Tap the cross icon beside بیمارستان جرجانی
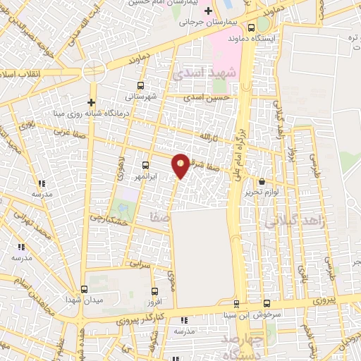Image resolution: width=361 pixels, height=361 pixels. (x=208, y=11)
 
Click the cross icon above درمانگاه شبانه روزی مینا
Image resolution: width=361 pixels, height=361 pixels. (x=91, y=101)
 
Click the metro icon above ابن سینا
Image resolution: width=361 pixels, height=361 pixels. (x=235, y=305)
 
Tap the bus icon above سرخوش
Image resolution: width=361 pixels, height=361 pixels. (x=266, y=303)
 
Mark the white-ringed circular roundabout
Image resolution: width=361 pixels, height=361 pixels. (x=92, y=71)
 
